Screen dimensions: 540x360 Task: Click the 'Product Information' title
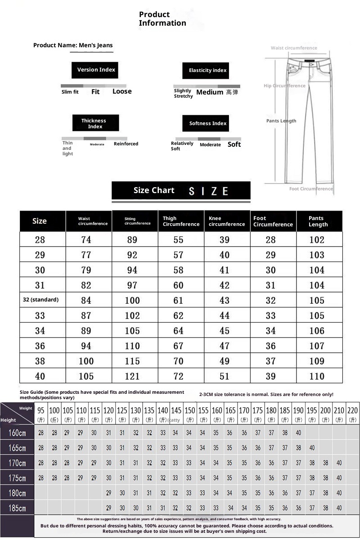click(162, 19)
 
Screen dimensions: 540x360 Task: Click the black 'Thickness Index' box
click(95, 123)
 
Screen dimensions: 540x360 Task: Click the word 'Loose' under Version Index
click(122, 91)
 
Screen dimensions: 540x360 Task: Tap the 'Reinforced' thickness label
click(126, 144)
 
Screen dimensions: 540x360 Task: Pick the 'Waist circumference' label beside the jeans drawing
click(294, 48)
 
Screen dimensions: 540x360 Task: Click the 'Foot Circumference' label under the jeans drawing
click(311, 189)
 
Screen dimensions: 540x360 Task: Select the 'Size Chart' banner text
click(154, 190)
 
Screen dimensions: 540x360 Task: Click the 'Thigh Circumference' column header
click(181, 221)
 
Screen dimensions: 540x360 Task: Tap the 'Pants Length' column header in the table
click(318, 221)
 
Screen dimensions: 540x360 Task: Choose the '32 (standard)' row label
click(41, 300)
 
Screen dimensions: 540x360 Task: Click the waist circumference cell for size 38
click(86, 361)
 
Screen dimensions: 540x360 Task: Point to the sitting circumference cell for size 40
click(132, 376)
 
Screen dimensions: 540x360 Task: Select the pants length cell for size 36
click(317, 346)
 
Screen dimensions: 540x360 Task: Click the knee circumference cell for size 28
click(225, 240)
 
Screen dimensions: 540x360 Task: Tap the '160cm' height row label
click(17, 433)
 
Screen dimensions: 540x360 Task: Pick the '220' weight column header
click(353, 411)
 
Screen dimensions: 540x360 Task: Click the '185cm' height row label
click(17, 508)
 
